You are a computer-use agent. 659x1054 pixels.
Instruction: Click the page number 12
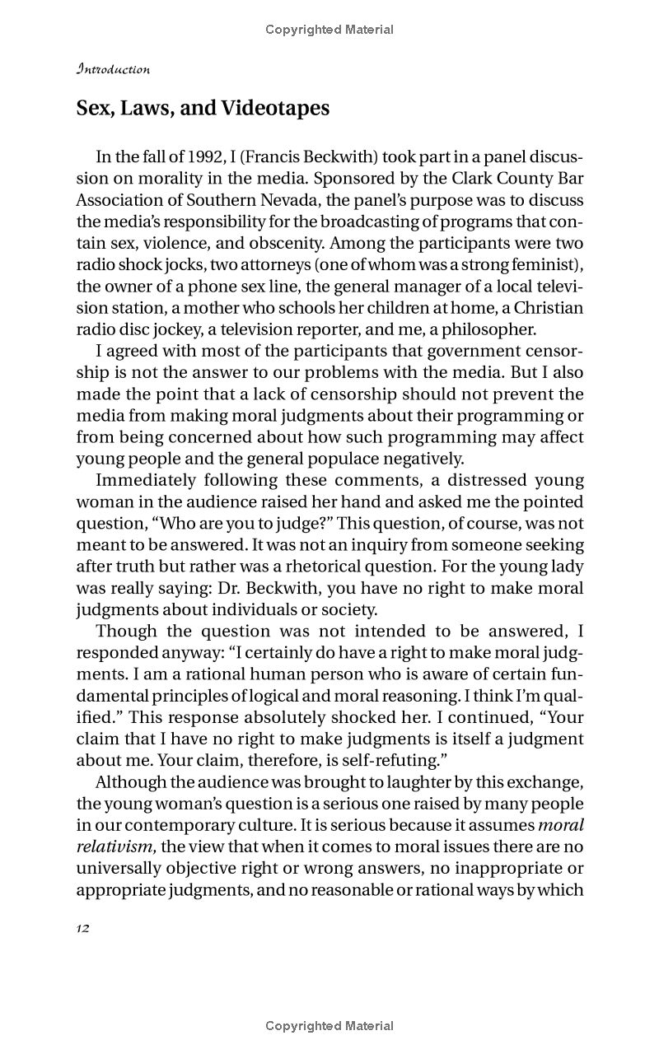[82, 928]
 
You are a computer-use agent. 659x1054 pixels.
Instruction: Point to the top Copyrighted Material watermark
[329, 30]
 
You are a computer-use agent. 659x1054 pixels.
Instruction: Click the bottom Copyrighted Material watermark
[329, 1026]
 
